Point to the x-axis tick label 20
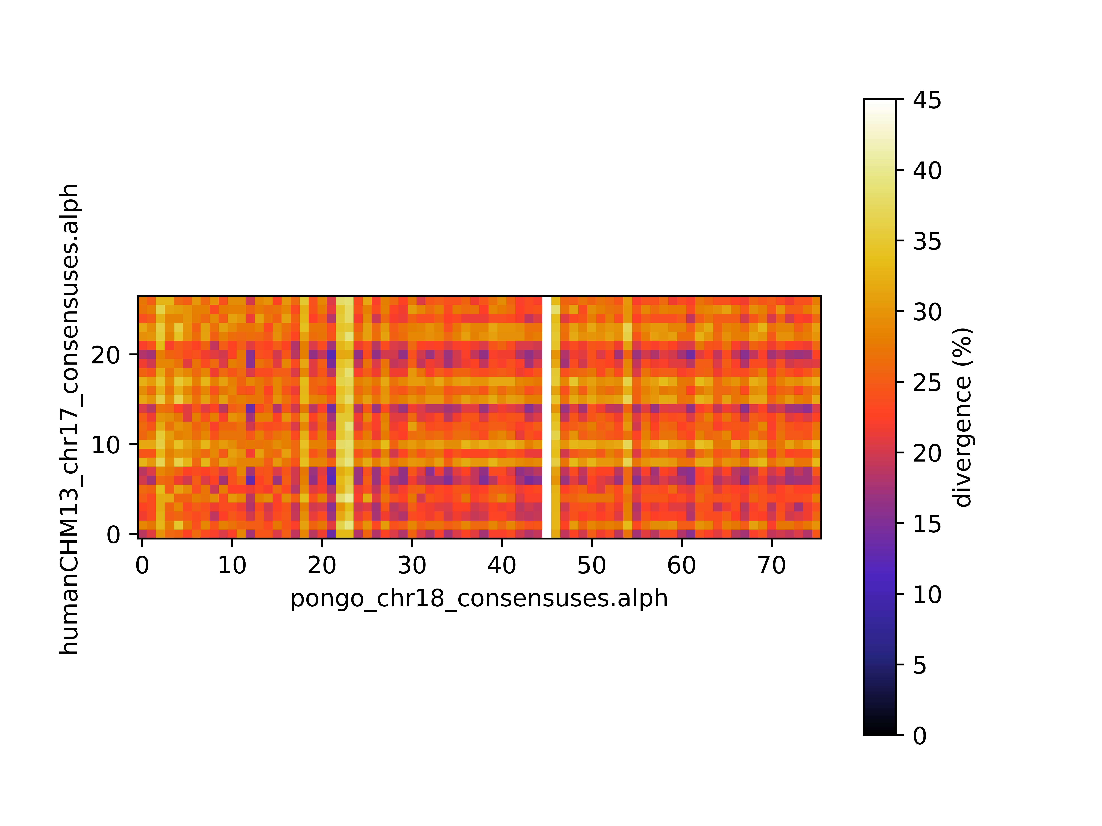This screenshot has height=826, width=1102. [x=322, y=565]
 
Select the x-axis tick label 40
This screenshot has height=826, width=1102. [x=502, y=565]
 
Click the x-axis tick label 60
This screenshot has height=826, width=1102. [x=682, y=565]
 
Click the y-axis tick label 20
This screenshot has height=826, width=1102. [x=106, y=355]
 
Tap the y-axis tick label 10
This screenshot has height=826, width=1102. [x=106, y=445]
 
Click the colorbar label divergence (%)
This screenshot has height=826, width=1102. [x=963, y=417]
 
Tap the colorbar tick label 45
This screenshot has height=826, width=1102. [x=927, y=100]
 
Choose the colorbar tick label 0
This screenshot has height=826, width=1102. [x=920, y=735]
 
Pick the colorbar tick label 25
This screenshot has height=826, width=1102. [x=927, y=382]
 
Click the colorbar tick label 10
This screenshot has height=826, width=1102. [x=927, y=595]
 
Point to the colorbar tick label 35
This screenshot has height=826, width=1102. [x=927, y=241]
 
